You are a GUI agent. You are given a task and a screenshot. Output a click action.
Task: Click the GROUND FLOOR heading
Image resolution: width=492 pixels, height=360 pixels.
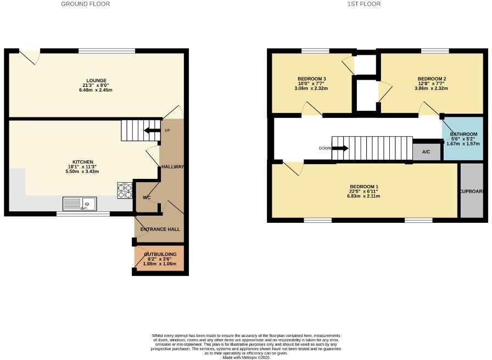(85, 4)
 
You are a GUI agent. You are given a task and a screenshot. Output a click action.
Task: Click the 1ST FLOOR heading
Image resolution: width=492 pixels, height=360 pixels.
(364, 4)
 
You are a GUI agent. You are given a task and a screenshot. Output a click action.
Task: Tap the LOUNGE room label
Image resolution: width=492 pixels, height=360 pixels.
(96, 81)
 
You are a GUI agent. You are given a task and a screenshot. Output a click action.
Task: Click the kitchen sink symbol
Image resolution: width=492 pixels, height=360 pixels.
(80, 204)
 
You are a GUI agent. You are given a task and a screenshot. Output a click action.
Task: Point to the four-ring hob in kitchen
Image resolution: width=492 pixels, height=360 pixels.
(125, 190)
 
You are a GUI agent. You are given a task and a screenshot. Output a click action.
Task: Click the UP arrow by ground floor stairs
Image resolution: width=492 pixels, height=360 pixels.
(149, 130)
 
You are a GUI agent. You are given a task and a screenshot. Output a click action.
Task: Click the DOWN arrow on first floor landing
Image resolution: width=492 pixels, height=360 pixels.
(340, 148)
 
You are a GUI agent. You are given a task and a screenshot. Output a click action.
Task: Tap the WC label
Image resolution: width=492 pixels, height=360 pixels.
(147, 198)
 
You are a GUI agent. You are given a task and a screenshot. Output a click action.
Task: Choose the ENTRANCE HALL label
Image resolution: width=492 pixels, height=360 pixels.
(160, 229)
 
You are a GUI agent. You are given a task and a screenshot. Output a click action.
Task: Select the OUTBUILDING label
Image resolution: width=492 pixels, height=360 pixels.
(160, 255)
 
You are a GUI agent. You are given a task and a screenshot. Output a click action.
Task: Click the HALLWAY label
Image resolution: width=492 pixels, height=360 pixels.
(172, 167)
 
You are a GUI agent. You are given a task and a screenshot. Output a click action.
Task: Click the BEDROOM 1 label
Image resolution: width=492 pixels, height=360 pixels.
(363, 187)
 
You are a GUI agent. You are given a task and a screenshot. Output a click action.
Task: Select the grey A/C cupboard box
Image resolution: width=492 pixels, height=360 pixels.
(426, 152)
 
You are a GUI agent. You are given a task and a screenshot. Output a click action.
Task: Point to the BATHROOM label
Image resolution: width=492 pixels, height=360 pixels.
(463, 134)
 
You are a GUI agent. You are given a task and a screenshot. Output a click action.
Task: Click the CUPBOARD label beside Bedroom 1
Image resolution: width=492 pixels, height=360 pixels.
(473, 192)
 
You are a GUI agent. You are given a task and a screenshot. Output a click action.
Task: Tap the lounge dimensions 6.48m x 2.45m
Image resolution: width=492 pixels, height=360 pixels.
(96, 90)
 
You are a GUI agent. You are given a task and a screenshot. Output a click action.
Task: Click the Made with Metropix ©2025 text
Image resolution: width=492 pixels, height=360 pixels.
(246, 357)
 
